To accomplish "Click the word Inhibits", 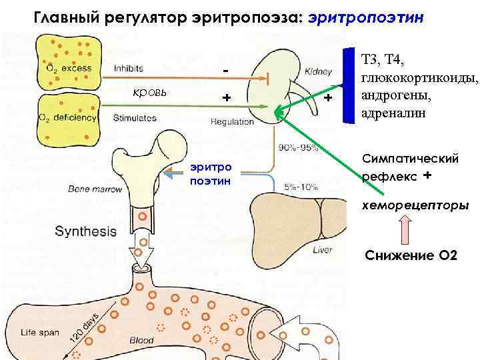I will tap(133, 67).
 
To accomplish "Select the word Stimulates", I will tap(135, 117).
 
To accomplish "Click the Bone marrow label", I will tap(95, 189).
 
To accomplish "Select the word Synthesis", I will tap(85, 232).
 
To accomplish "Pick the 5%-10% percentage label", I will tap(301, 187).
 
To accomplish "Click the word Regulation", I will tap(232, 122).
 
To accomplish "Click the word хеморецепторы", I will tap(415, 205).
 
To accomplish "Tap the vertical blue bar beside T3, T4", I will tap(347, 86).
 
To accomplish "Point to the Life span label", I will tap(37, 331).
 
